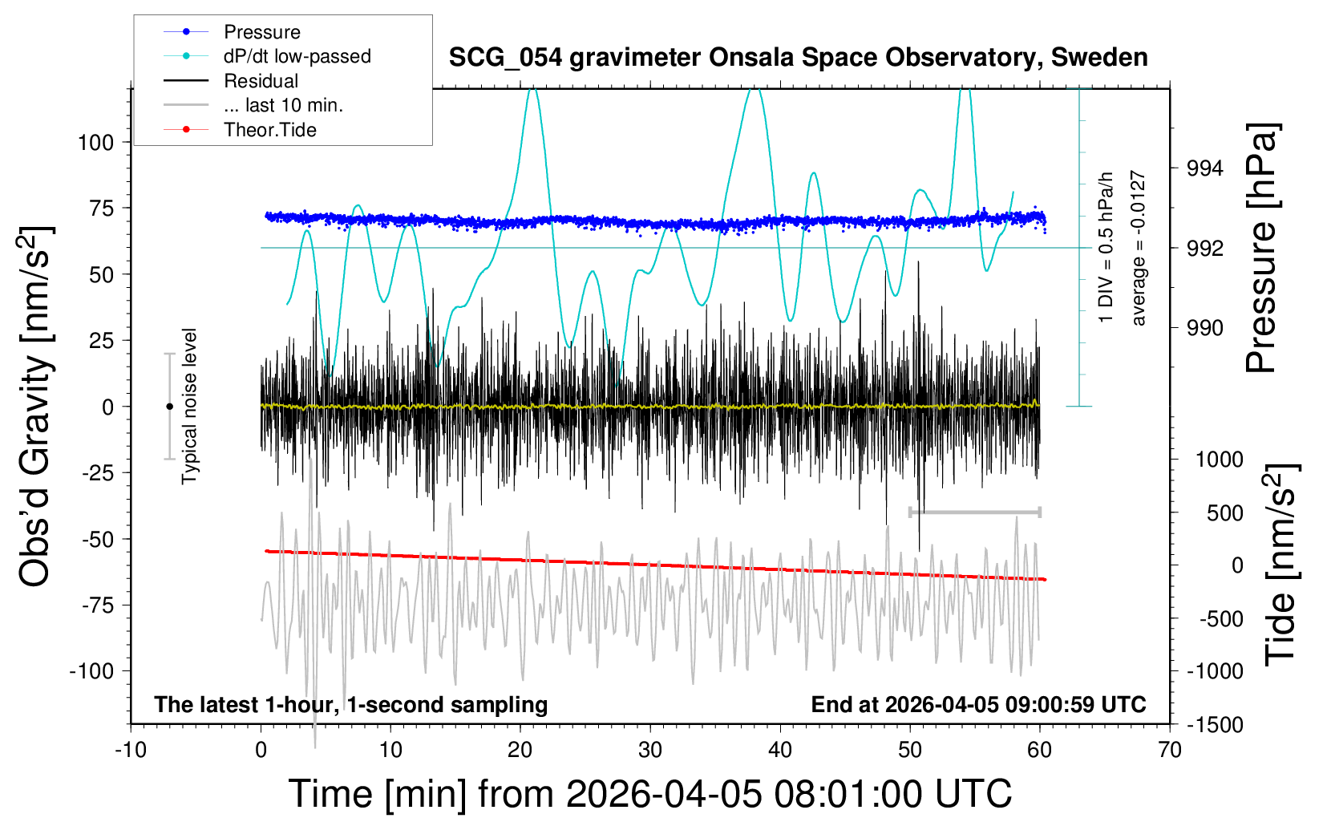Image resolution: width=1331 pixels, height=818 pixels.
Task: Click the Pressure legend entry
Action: click(261, 32)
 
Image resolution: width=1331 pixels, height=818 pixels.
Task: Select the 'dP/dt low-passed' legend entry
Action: click(297, 56)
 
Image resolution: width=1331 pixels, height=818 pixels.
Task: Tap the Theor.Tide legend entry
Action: click(269, 130)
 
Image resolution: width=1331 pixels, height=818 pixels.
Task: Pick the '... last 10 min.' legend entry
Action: click(283, 105)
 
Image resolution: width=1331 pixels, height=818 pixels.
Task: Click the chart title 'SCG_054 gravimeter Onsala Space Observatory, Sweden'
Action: click(798, 58)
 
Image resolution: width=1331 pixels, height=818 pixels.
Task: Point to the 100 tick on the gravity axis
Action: click(96, 143)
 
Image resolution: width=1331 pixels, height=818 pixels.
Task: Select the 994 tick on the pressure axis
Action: click(1205, 168)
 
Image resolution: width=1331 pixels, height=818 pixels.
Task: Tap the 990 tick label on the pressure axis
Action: click(1205, 327)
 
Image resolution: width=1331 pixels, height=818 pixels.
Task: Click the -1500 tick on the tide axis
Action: click(1214, 725)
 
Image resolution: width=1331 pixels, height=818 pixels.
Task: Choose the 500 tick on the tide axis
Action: click(1224, 512)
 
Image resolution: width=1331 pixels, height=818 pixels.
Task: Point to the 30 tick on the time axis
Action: click(650, 751)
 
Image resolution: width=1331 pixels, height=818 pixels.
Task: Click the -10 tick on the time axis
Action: click(131, 751)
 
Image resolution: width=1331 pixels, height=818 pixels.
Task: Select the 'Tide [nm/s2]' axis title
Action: click(1281, 565)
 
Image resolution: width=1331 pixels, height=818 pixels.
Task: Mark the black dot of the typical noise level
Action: click(169, 407)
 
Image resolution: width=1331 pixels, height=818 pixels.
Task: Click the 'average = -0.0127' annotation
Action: click(1138, 248)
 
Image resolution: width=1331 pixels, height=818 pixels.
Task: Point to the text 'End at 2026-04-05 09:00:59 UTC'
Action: click(978, 705)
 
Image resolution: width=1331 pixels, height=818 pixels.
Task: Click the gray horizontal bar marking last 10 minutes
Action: click(974, 512)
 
